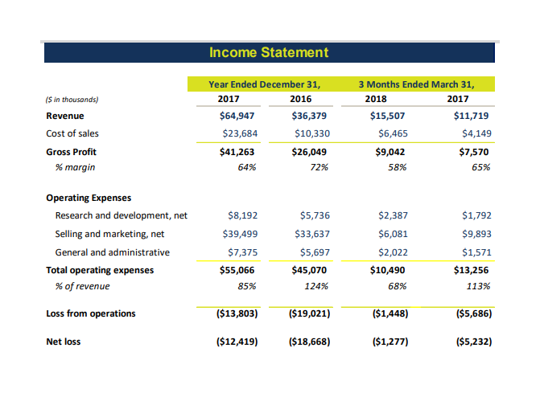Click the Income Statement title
(x=269, y=52)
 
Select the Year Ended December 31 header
(x=265, y=84)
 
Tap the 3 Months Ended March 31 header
(x=416, y=84)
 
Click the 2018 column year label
(x=376, y=99)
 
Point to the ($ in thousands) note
(x=72, y=100)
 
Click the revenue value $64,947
(x=237, y=116)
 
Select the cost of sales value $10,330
(x=312, y=133)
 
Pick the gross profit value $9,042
(x=390, y=152)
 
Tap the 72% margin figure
(x=319, y=167)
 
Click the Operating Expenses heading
(x=89, y=198)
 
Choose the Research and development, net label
(x=122, y=215)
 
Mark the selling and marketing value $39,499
(x=240, y=234)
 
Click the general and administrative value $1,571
(x=476, y=252)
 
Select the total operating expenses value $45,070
(x=309, y=270)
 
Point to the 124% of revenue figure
(x=316, y=286)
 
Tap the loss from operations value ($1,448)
(x=390, y=313)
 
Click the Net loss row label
(x=64, y=342)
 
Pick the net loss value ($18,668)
(x=309, y=342)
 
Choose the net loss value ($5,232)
(x=474, y=342)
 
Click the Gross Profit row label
(x=72, y=152)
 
